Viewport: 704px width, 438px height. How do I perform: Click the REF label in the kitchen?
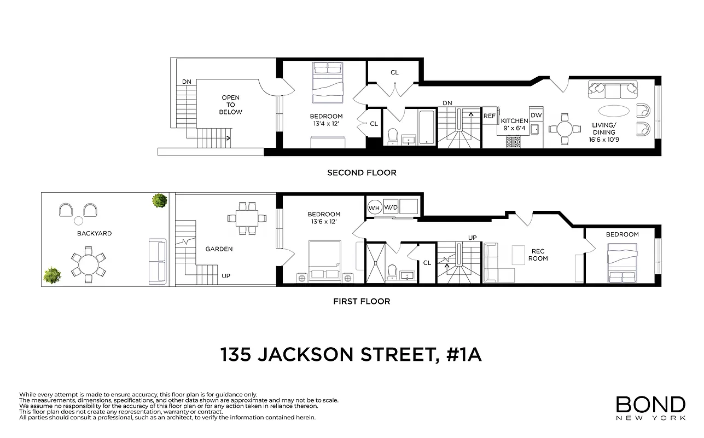tap(489, 116)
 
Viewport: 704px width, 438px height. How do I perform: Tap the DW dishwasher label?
tap(536, 115)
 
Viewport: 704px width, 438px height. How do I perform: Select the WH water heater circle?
tap(374, 208)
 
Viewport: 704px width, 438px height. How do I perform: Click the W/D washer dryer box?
tap(391, 208)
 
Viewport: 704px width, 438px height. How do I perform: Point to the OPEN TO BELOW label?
tap(231, 105)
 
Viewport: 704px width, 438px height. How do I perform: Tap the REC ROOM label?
tap(538, 255)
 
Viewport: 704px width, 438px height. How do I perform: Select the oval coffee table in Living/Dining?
tap(614, 110)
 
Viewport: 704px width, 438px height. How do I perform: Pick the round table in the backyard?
tap(88, 265)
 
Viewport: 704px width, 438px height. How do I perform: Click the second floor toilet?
tap(392, 137)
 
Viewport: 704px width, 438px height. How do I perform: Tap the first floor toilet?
tap(392, 272)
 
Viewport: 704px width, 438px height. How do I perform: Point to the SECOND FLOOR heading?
tap(362, 172)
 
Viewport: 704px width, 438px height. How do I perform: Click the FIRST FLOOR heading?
tap(362, 301)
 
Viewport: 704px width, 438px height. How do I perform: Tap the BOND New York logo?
tap(650, 408)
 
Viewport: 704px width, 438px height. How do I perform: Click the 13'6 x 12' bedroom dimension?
tap(324, 222)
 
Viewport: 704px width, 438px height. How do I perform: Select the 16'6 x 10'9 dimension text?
tap(603, 140)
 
